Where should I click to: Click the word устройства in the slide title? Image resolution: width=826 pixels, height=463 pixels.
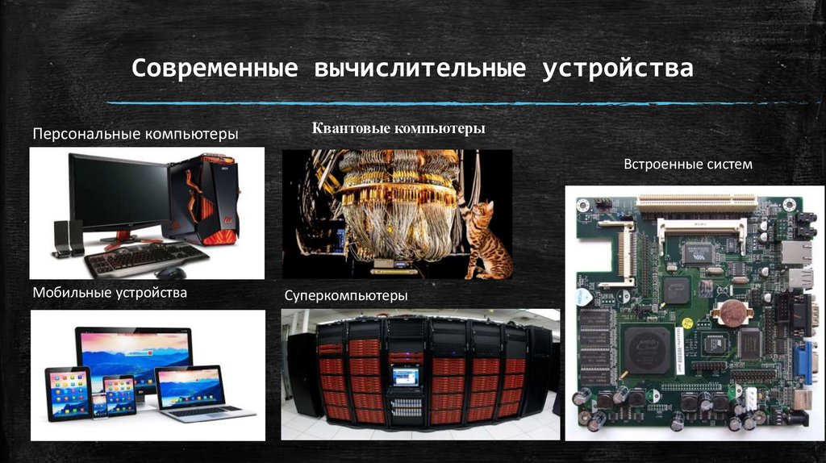(x=617, y=69)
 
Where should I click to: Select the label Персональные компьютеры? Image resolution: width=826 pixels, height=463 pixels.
(x=135, y=133)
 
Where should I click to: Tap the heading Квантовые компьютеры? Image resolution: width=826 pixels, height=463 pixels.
(x=398, y=129)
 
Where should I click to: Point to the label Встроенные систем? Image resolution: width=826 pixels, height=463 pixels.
(x=687, y=165)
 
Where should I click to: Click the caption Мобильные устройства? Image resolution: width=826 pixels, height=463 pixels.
(x=110, y=292)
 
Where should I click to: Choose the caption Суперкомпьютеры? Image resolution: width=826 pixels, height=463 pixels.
(x=345, y=296)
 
